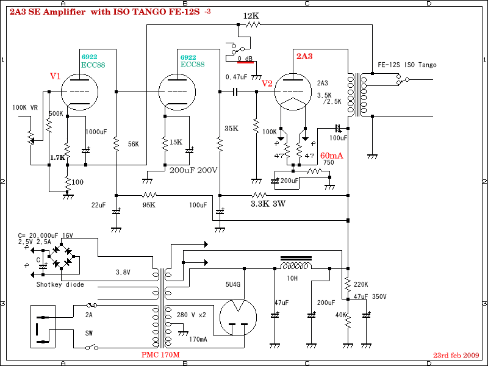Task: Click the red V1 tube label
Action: pos(56,76)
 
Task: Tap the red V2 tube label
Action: pos(267,83)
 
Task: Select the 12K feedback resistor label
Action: pos(251,15)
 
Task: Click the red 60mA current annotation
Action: pos(332,155)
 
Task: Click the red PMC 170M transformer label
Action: pos(161,354)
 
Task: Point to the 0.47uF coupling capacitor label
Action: pos(237,77)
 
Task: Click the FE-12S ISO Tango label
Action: pos(407,65)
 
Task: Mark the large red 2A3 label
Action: pos(304,57)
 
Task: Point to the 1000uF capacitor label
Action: pos(96,132)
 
